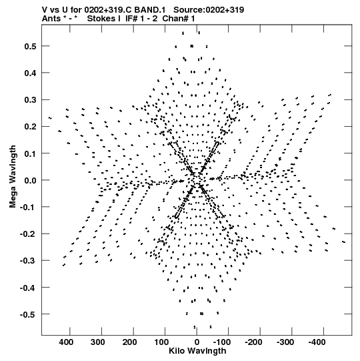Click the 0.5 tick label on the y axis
pos(31,46)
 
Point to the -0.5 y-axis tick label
pos(28,314)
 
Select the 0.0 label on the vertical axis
pos(31,180)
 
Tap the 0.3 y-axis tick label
pos(31,100)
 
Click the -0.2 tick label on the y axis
pos(28,234)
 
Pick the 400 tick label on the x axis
pos(66,342)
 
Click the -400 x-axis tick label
pos(317,342)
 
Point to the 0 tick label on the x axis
pos(197,342)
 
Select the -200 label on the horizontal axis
pos(253,342)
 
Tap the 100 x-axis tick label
pos(161,342)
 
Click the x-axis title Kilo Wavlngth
pos(197,351)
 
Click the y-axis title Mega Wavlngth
pos(13,177)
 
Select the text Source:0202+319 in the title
pos(209,10)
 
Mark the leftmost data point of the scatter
pos(50,118)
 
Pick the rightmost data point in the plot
pos(344,242)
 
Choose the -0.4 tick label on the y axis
pos(28,288)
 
